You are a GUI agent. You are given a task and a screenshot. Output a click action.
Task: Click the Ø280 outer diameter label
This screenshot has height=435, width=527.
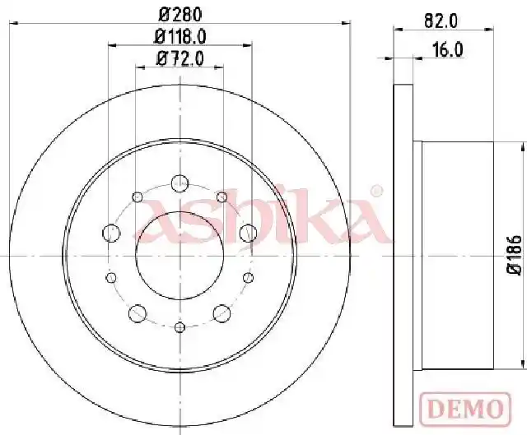coord(180,15)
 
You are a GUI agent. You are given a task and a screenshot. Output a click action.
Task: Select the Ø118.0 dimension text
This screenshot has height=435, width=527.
coord(180,36)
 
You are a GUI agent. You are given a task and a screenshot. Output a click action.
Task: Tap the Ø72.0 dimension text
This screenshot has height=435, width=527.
coord(180,59)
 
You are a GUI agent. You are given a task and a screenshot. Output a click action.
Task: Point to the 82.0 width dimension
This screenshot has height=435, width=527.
coord(441,21)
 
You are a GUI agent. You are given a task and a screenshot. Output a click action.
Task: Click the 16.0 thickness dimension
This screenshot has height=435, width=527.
coord(448,50)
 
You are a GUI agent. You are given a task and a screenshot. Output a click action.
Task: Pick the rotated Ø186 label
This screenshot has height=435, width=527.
coord(515,255)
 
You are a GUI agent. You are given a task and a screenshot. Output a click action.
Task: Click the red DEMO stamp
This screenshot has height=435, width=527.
coord(465,409)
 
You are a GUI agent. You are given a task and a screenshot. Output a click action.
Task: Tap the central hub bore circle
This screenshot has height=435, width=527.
coord(136,255)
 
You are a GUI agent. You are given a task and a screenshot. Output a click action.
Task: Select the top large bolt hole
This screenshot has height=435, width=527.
coord(180,183)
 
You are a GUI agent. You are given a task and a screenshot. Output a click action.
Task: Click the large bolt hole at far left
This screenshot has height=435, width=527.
coord(111,233)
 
